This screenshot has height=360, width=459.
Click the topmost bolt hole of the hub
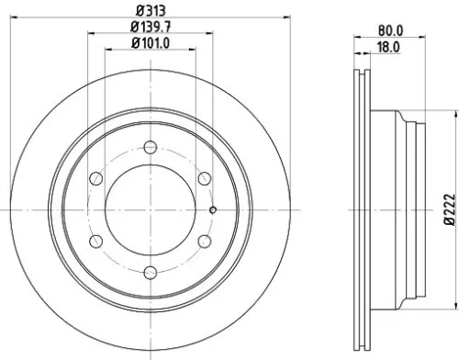coord(150,145)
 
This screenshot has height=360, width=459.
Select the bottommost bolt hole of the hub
coord(150,270)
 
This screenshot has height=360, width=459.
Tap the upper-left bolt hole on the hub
coord(95,177)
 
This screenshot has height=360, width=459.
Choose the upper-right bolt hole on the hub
coord(204,177)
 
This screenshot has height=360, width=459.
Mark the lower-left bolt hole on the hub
coord(95,239)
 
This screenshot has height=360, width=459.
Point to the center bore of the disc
coord(150,208)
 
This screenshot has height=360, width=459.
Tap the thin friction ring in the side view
coord(359,208)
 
